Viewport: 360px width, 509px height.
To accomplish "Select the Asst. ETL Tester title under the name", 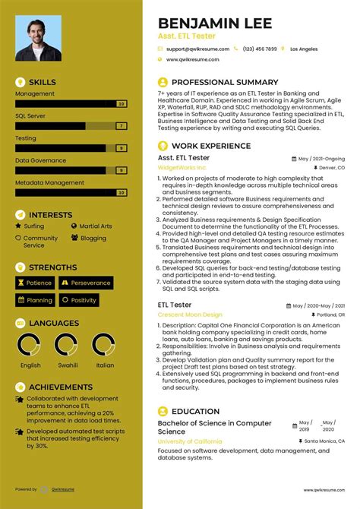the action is coord(186,36).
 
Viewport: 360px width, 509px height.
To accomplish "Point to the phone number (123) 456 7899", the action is coord(261,49).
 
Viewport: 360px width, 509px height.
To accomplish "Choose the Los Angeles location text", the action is coord(304,49).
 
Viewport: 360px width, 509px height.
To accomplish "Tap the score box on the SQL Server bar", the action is coord(121,126).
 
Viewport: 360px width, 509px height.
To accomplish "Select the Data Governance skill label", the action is coord(41,160).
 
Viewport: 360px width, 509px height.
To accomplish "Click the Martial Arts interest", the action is coord(95,226).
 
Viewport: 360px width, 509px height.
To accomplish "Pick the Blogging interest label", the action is coord(93,238).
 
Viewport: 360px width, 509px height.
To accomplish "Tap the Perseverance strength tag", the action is coord(90,283).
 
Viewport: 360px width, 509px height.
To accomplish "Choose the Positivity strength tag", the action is coord(84,300).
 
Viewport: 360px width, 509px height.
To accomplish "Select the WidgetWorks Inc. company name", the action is coord(182,167).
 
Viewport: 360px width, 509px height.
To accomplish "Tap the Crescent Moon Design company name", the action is coord(190,314).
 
